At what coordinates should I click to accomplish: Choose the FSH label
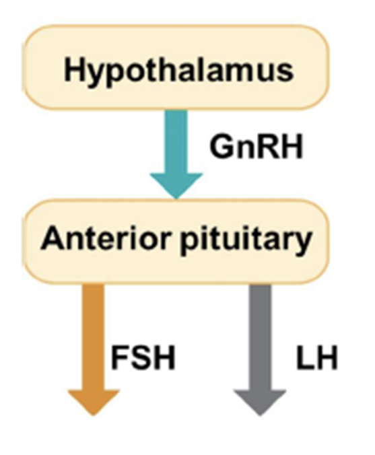coord(143,359)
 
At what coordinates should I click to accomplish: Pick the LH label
coord(316,359)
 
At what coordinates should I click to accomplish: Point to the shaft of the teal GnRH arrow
coord(176,138)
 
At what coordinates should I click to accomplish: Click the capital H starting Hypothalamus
coord(73,70)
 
